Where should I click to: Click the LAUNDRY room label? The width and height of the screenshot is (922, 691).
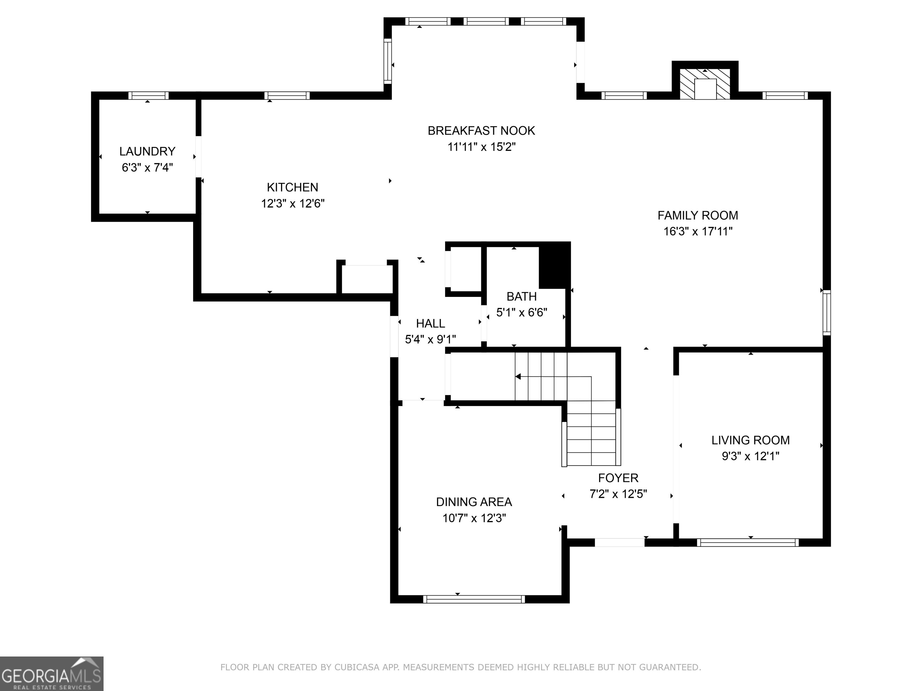pyautogui.click(x=147, y=151)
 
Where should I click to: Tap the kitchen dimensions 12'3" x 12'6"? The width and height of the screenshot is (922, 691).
pyautogui.click(x=293, y=204)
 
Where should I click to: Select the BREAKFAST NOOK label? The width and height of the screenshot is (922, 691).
pyautogui.click(x=481, y=131)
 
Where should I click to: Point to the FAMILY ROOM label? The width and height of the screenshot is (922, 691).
pyautogui.click(x=698, y=215)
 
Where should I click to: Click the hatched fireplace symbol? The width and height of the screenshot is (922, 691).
pyautogui.click(x=705, y=84)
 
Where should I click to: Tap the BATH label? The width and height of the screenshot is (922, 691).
pyautogui.click(x=521, y=297)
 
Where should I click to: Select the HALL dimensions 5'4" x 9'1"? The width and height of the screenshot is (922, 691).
pyautogui.click(x=430, y=340)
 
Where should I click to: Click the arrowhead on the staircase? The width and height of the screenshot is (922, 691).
pyautogui.click(x=518, y=376)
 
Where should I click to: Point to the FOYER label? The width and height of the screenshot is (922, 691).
pyautogui.click(x=618, y=478)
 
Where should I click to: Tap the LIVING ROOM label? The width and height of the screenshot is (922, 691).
pyautogui.click(x=750, y=440)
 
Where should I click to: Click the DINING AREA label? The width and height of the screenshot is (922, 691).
pyautogui.click(x=474, y=502)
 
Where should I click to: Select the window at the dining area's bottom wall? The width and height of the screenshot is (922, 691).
pyautogui.click(x=474, y=599)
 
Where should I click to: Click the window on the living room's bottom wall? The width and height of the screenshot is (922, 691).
pyautogui.click(x=747, y=542)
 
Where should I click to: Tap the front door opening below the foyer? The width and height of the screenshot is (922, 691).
pyautogui.click(x=619, y=542)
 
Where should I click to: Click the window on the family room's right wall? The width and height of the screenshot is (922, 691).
pyautogui.click(x=827, y=313)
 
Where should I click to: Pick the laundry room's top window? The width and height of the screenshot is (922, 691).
pyautogui.click(x=148, y=95)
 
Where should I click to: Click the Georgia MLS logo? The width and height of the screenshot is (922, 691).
pyautogui.click(x=51, y=674)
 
